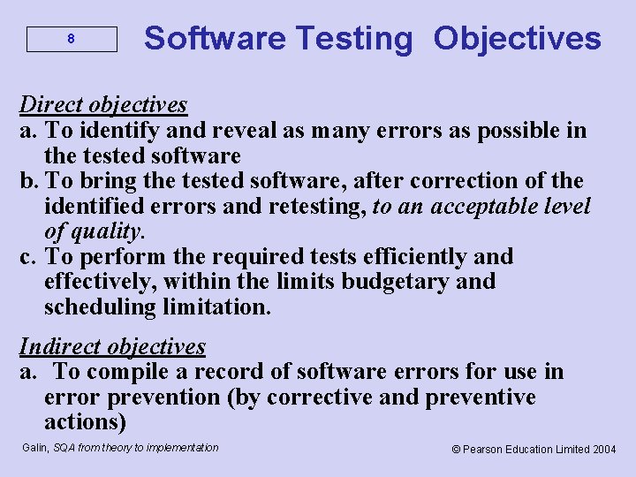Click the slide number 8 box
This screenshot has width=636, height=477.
tap(72, 40)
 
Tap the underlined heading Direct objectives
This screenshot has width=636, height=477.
tap(103, 104)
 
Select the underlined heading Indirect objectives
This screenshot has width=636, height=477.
tap(112, 346)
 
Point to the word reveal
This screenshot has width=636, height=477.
tap(232, 131)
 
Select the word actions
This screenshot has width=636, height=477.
tap(86, 422)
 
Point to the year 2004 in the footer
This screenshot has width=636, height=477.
tap(605, 450)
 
